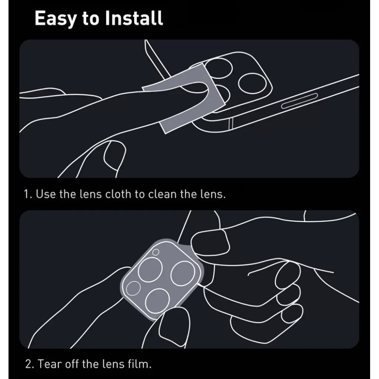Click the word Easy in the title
55,18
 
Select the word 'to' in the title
90,19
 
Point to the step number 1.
27,194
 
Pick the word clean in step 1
162,194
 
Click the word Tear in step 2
50,364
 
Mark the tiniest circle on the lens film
156,252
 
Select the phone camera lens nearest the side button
252,84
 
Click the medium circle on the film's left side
133,288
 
